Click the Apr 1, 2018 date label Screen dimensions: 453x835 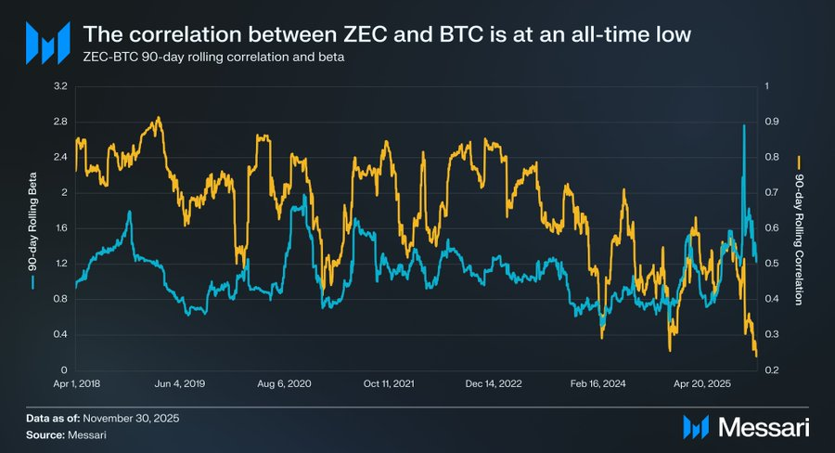(x=76, y=382)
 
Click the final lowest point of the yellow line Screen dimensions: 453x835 (x=756, y=356)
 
